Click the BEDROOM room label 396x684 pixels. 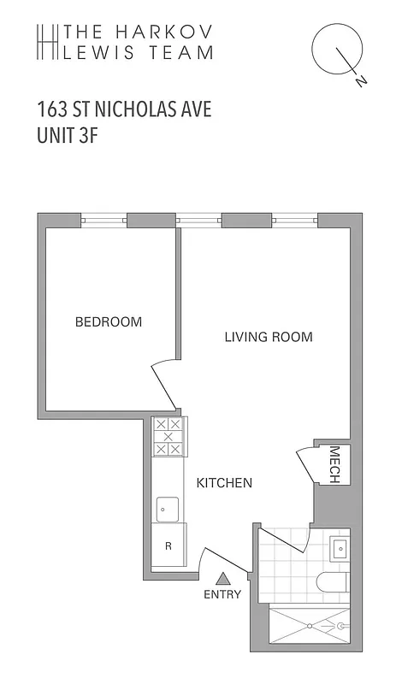tap(109, 322)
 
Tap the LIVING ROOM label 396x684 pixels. tap(268, 337)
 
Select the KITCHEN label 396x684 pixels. tap(224, 483)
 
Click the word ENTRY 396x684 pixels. tap(222, 594)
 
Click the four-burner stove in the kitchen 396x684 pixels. tap(168, 436)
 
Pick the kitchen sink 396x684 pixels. tap(167, 510)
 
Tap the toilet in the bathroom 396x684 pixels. tap(333, 583)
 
